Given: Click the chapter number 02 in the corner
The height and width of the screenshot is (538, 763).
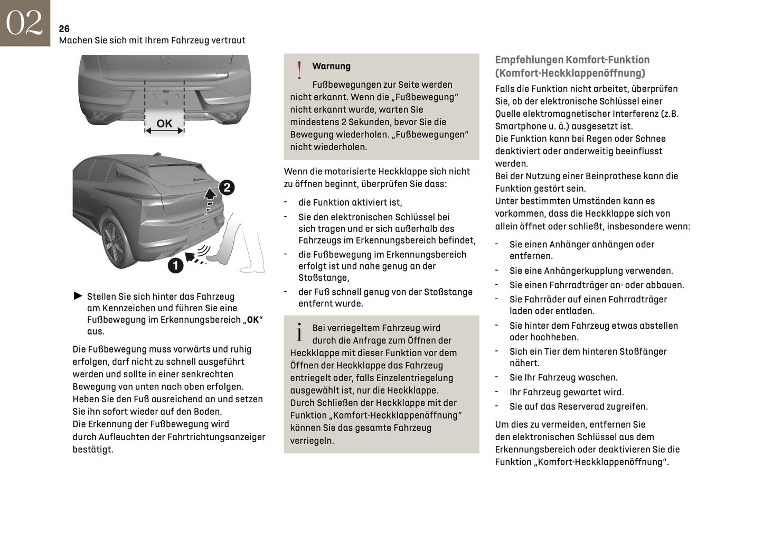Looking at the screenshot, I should coord(24,23).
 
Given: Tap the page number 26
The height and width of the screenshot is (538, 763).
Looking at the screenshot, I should coord(64,29).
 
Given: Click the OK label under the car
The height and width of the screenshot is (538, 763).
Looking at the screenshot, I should coord(164,124).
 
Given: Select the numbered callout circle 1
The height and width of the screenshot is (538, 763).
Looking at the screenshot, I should coord(175,265).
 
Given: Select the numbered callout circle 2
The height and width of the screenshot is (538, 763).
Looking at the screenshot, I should coord(227,188).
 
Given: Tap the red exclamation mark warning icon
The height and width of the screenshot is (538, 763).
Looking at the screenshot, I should coord(299,70).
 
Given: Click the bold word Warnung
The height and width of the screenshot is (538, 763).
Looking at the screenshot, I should coord(331,66).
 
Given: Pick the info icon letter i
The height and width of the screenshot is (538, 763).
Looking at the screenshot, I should coord(299,332).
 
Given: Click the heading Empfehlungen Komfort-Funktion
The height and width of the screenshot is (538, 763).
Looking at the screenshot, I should coord(572,60).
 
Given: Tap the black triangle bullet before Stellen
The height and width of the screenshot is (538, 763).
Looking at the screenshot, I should coord(78,296).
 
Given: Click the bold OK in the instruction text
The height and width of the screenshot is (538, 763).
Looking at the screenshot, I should coord(253,320).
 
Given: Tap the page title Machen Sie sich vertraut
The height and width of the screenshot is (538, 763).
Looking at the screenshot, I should coord(152,40).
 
